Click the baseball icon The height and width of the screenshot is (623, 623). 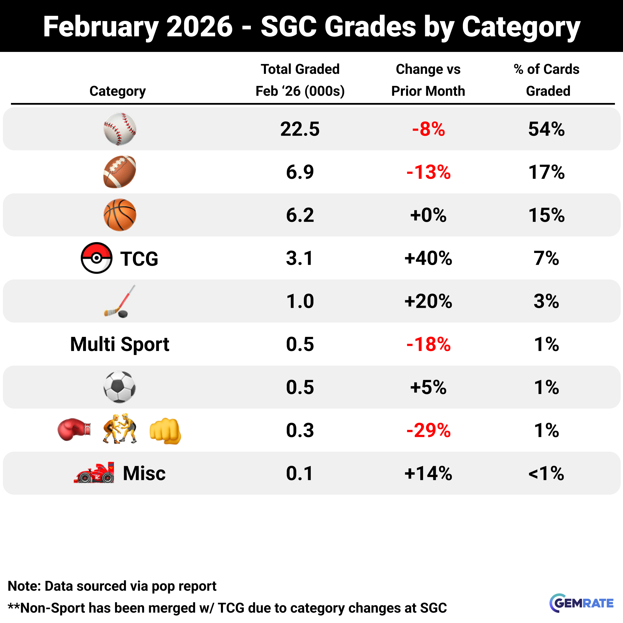coord(120,129)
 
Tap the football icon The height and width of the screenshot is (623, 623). coord(120,172)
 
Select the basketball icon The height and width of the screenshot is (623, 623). coord(120,215)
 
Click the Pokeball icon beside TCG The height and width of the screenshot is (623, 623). coord(96,258)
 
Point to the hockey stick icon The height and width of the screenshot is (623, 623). coord(119,301)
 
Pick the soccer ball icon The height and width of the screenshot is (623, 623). coord(120,387)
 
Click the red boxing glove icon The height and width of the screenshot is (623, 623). coord(74,429)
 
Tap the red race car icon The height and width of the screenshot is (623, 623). coord(94,473)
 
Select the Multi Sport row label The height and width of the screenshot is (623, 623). coord(120,344)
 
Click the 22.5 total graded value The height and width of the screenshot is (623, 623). coord(300,129)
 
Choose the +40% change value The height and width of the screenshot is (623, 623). coord(428,258)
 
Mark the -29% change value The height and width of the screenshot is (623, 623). coord(428,430)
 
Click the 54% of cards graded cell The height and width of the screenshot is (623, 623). coord(546,129)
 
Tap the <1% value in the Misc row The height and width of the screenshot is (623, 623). coord(546,473)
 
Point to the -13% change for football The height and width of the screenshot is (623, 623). coord(428,172)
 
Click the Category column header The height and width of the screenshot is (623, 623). coord(117,91)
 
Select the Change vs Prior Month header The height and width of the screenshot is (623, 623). coord(428,80)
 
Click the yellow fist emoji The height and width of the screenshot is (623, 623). coord(165,431)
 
